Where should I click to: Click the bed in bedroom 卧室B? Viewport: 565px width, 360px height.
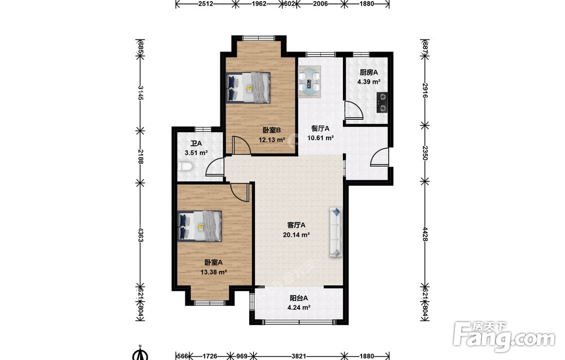pos(248,87)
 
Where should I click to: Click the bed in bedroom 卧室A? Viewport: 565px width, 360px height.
pos(199,226)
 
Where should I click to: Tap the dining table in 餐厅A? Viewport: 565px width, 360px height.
pos(310,81)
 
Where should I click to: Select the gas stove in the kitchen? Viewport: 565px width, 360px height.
pos(383,103)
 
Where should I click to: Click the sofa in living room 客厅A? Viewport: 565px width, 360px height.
pos(335,232)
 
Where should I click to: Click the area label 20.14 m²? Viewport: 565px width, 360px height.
pos(297,235)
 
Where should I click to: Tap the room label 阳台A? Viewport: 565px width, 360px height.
pos(299,298)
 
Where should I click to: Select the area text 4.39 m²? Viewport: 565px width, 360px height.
pos(369,82)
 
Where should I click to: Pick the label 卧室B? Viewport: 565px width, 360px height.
pos(272,130)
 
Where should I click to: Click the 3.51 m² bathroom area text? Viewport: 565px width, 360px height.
pos(196,153)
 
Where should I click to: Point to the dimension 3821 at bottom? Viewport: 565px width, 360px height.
pos(299,356)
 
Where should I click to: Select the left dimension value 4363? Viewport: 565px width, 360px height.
pos(140,235)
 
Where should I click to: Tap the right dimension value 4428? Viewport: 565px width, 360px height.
pos(425,235)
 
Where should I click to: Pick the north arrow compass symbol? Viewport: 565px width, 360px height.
pos(141,353)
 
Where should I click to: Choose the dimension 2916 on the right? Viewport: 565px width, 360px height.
pos(425,91)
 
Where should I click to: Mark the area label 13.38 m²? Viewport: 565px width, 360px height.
pos(214,272)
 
